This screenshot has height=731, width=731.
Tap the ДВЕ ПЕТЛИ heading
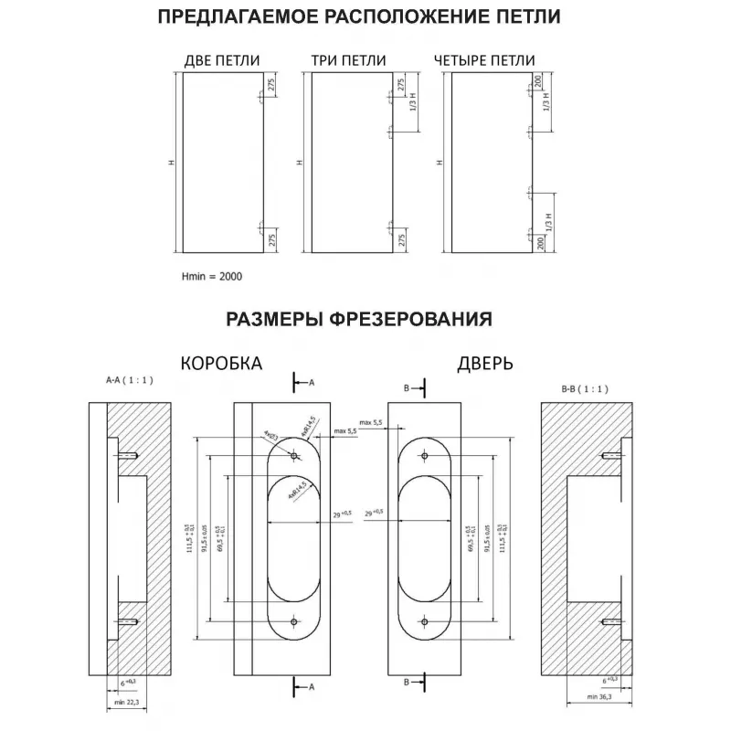[222, 61]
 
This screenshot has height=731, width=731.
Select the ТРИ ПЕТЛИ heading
[348, 61]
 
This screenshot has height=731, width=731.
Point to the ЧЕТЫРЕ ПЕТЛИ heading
[484, 61]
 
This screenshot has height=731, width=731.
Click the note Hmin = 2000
[213, 274]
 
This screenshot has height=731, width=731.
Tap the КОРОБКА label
[221, 363]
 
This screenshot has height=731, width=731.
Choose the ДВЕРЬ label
[485, 363]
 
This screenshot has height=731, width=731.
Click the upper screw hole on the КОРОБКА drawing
[293, 454]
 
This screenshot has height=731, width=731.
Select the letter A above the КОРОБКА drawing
[311, 381]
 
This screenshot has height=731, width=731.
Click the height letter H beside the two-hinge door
[170, 163]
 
